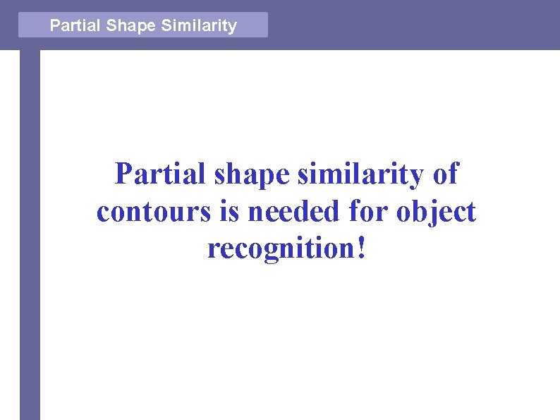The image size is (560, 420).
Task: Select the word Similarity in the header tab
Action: tap(199, 26)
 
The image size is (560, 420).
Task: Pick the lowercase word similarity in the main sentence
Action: tap(359, 174)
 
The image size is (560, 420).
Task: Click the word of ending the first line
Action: tap(445, 174)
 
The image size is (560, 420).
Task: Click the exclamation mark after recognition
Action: tap(363, 248)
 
